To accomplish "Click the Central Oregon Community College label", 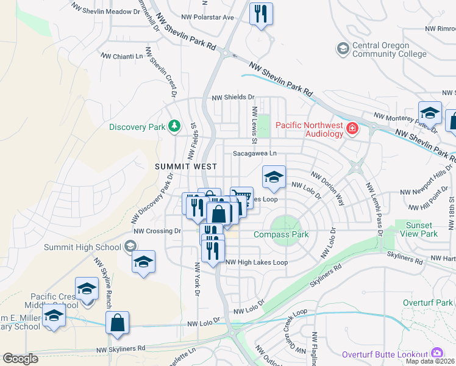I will pyautogui.click(x=390, y=49).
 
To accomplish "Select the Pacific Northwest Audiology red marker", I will pyautogui.click(x=352, y=128).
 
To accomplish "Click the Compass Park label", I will pyautogui.click(x=281, y=234).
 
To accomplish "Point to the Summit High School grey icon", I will pyautogui.click(x=129, y=246).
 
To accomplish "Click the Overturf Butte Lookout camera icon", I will pyautogui.click(x=436, y=353).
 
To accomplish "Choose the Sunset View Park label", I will pyautogui.click(x=422, y=229).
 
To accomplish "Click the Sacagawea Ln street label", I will pyautogui.click(x=254, y=154).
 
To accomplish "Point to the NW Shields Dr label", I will pyautogui.click(x=232, y=97).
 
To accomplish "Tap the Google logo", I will pyautogui.click(x=20, y=359).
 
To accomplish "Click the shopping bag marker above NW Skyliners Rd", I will pyautogui.click(x=118, y=322).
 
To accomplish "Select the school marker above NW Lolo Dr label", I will pyautogui.click(x=274, y=178).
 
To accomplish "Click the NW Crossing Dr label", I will pyautogui.click(x=157, y=231).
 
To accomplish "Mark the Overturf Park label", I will pyautogui.click(x=428, y=303).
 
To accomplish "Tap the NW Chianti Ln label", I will pyautogui.click(x=122, y=56).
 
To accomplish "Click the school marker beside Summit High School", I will pyautogui.click(x=143, y=262).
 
